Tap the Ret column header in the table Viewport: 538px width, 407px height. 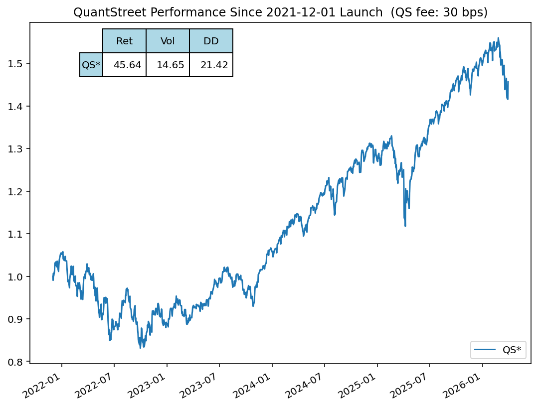tap(124, 41)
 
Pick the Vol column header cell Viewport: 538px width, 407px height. tap(168, 41)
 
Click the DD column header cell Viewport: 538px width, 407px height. tap(211, 41)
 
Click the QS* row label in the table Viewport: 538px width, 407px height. tap(91, 65)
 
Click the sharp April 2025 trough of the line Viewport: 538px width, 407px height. tap(405, 226)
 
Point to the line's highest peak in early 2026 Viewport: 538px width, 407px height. tap(498, 38)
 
